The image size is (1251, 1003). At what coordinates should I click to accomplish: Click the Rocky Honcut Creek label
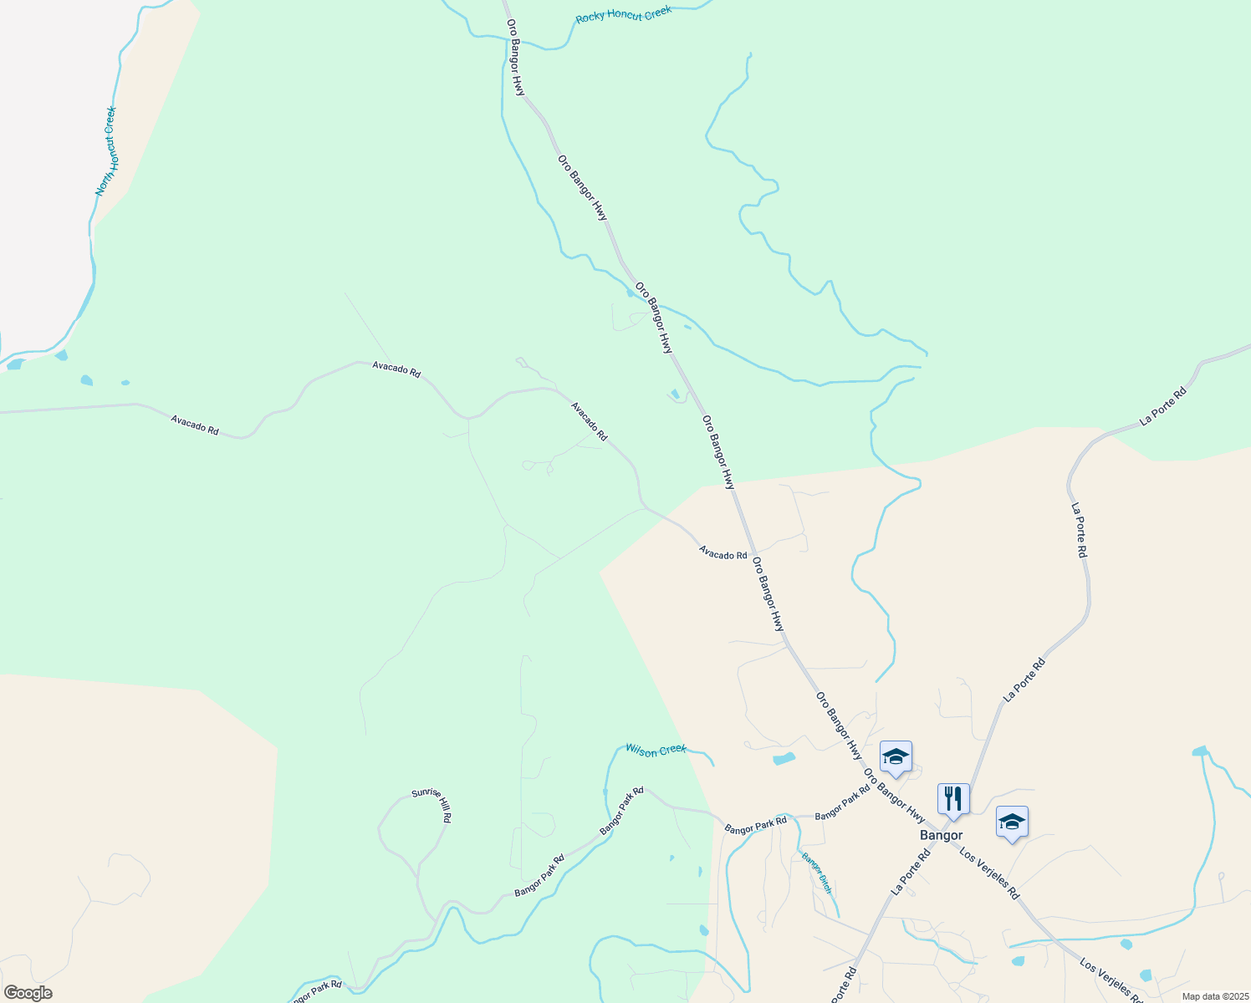(x=623, y=16)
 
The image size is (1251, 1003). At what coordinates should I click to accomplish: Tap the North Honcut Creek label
(x=106, y=151)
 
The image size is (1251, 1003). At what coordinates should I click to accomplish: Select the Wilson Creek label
(x=656, y=750)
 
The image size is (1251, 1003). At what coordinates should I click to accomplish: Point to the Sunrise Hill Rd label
(x=431, y=806)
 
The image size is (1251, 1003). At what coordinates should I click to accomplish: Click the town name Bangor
(x=941, y=835)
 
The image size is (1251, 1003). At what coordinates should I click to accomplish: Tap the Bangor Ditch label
(x=817, y=873)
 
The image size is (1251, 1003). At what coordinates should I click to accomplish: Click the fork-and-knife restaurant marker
(x=953, y=798)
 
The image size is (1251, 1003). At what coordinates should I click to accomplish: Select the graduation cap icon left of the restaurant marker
(x=896, y=756)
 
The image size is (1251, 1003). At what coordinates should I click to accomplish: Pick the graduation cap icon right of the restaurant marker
(x=1012, y=822)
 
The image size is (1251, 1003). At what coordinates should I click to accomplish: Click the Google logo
(x=28, y=993)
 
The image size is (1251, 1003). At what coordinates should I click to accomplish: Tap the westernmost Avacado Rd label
(x=195, y=425)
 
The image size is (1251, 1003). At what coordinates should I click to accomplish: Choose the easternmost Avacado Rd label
(x=723, y=554)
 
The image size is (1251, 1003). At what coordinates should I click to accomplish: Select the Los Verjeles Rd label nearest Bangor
(x=990, y=873)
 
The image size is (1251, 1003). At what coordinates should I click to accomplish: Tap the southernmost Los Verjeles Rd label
(x=1111, y=980)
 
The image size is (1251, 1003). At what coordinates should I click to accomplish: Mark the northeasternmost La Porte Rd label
(x=1163, y=406)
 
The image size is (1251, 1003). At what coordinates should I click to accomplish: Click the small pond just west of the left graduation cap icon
(x=784, y=759)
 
